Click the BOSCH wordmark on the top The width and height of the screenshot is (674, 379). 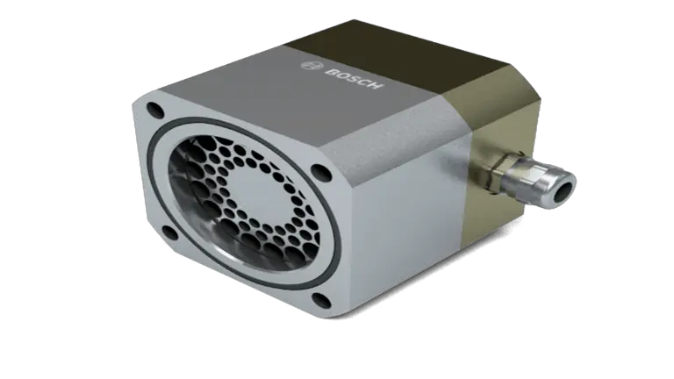pos(354,77)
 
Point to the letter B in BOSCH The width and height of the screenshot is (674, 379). pos(330,71)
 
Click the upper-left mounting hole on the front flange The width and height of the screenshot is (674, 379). pos(155,111)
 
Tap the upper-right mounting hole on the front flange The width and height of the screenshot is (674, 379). pos(321,172)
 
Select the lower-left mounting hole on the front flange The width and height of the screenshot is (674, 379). pos(169,232)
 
